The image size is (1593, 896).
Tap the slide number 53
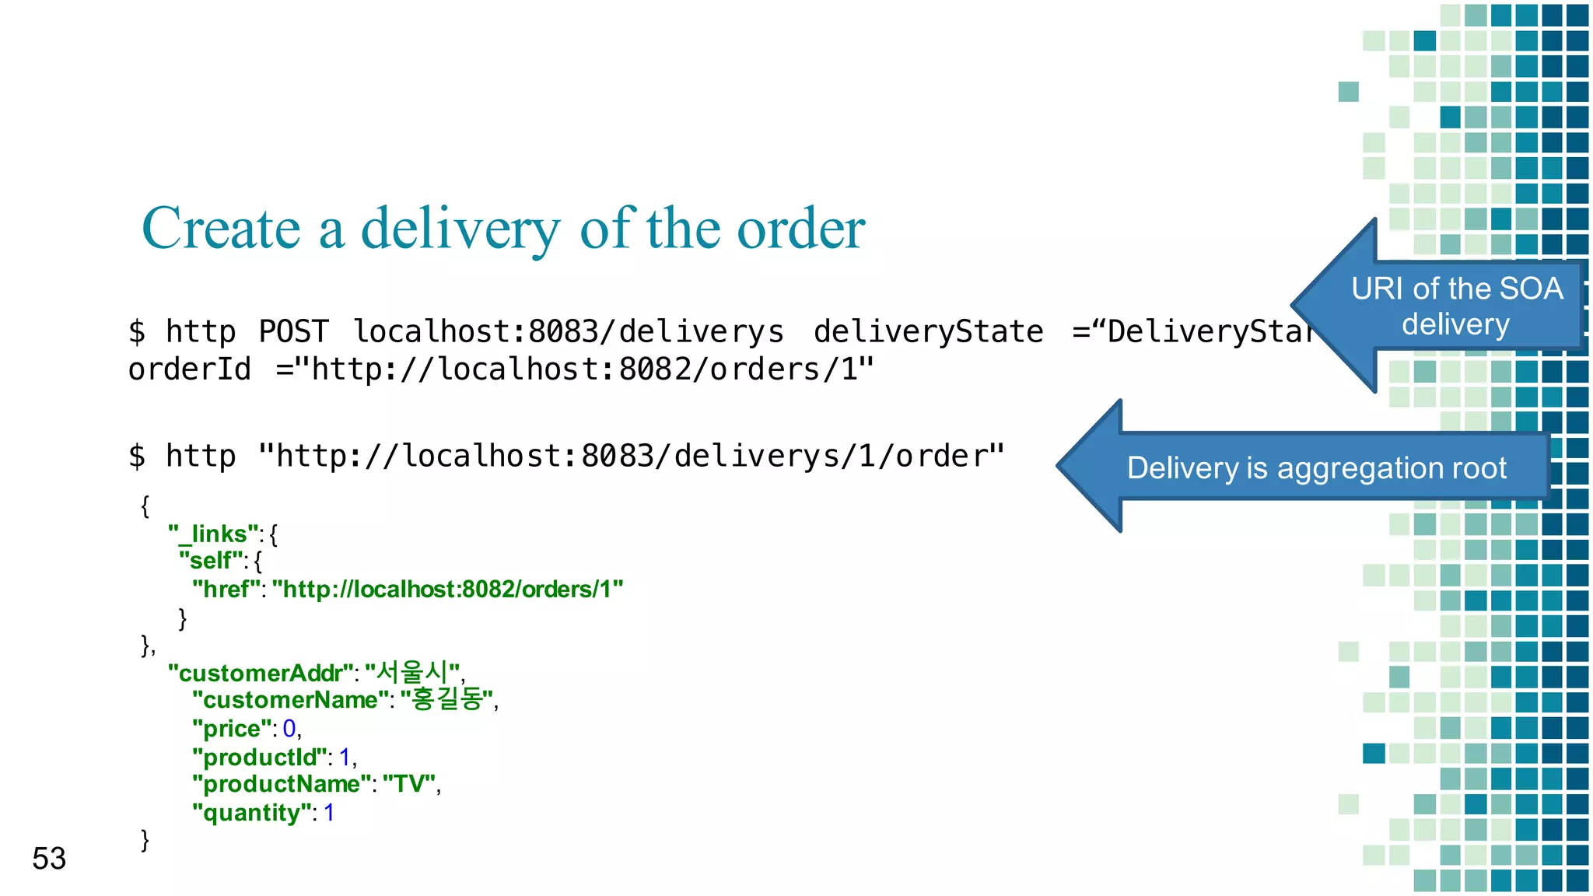[x=49, y=859]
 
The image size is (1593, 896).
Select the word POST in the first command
[x=293, y=332]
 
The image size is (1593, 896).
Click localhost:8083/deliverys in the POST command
[x=569, y=332]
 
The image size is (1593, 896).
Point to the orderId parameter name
[x=190, y=369]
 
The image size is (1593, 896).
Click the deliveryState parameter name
[x=928, y=332]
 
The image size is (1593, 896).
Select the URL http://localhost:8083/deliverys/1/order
[x=631, y=457]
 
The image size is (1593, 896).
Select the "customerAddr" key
[x=261, y=673]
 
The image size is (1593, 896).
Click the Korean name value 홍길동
[x=446, y=699]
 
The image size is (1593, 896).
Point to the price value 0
[x=289, y=729]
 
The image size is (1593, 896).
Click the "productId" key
[x=260, y=757]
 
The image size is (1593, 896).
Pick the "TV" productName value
[x=408, y=784]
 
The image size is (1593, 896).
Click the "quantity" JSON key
[x=251, y=813]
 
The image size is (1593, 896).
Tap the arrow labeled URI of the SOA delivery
[x=1455, y=306]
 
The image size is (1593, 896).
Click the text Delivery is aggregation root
[x=1316, y=468]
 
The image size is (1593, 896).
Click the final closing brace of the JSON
[x=145, y=840]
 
